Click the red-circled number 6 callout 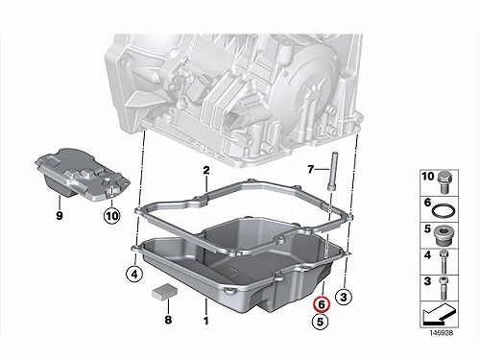pyautogui.click(x=322, y=304)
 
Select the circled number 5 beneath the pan pyautogui.click(x=321, y=322)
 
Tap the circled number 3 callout pyautogui.click(x=344, y=297)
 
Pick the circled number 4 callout pyautogui.click(x=134, y=275)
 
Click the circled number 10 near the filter pyautogui.click(x=112, y=216)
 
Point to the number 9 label pyautogui.click(x=60, y=216)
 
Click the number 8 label pyautogui.click(x=168, y=320)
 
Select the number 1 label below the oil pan pyautogui.click(x=206, y=321)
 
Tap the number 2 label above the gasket pyautogui.click(x=206, y=170)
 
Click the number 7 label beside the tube pyautogui.click(x=311, y=169)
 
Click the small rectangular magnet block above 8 pyautogui.click(x=164, y=292)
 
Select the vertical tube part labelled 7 pyautogui.click(x=331, y=171)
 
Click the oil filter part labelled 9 pyautogui.click(x=83, y=175)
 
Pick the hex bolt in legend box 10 pyautogui.click(x=444, y=182)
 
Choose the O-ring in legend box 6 pyautogui.click(x=444, y=211)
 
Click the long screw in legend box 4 pyautogui.click(x=444, y=261)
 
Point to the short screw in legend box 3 pyautogui.click(x=444, y=288)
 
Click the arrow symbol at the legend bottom pyautogui.click(x=439, y=314)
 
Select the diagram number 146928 pyautogui.click(x=442, y=333)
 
